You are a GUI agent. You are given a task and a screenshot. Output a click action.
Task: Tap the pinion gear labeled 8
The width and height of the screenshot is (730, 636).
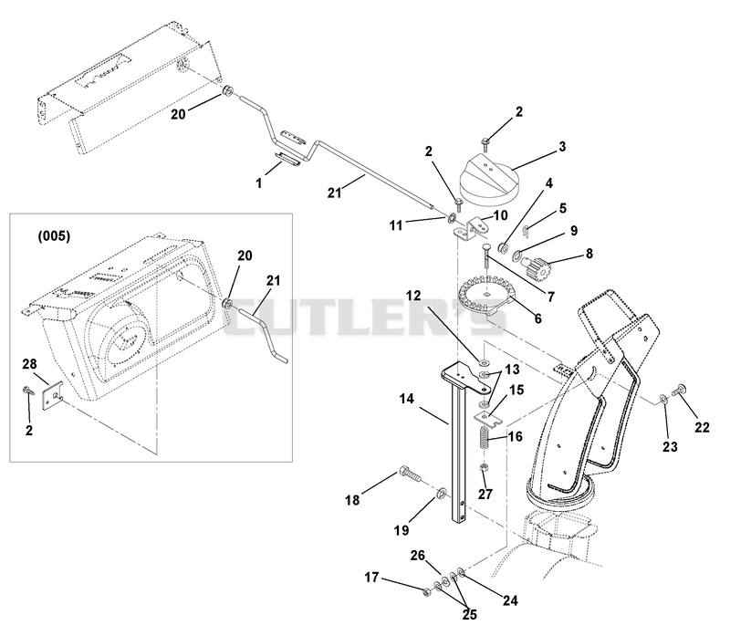tap(536, 266)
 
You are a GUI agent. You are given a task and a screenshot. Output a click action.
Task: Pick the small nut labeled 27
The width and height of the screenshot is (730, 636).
tap(485, 467)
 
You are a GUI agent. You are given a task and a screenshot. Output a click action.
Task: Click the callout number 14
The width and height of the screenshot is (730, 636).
tap(406, 399)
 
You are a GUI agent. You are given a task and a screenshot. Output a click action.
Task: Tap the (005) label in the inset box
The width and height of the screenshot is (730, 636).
tap(54, 236)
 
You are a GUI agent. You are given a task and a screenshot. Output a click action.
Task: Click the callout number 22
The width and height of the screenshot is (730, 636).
tap(702, 427)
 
